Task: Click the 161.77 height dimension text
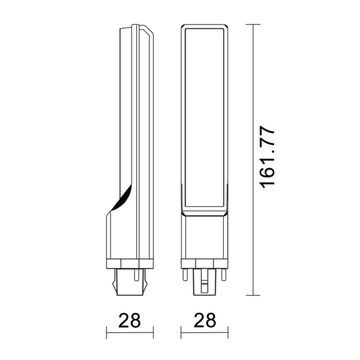(x=267, y=157)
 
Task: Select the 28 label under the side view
(x=129, y=321)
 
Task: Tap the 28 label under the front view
(x=205, y=321)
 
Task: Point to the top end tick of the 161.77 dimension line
(x=253, y=24)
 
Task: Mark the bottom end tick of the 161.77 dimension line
(x=253, y=296)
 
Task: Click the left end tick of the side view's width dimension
(x=107, y=332)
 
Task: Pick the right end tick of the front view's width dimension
(x=228, y=332)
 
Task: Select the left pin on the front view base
(x=185, y=275)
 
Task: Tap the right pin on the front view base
(x=224, y=275)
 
